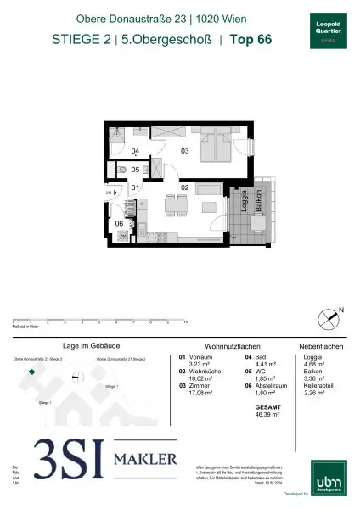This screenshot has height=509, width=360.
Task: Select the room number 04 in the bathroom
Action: (x=136, y=151)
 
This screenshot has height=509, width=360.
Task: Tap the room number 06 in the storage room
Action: (x=120, y=223)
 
